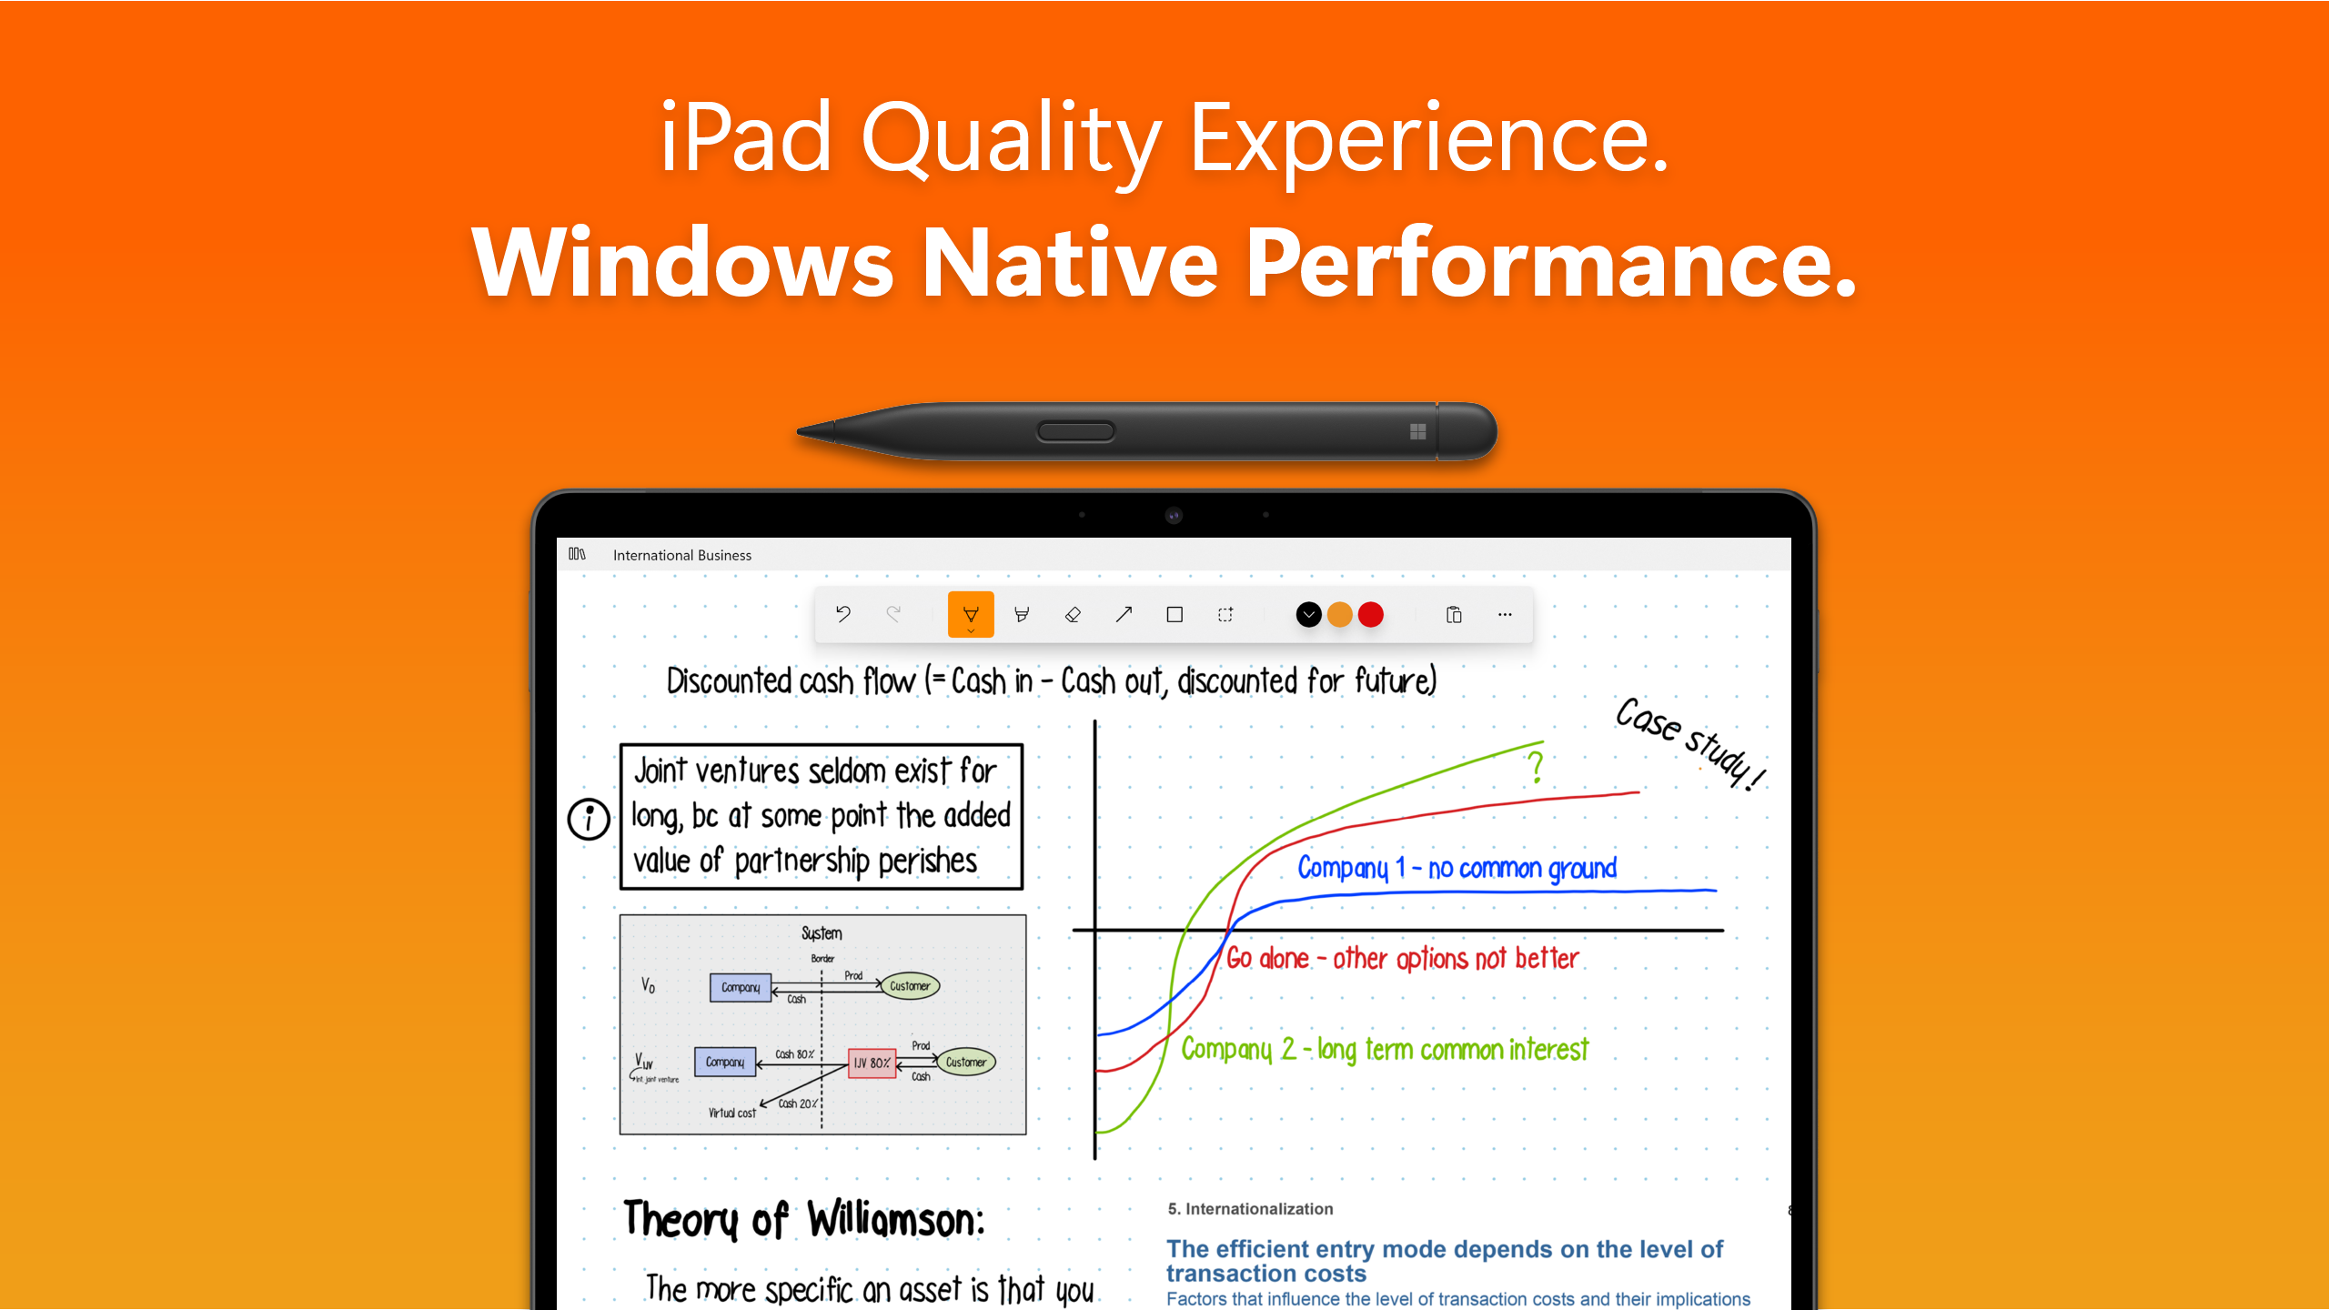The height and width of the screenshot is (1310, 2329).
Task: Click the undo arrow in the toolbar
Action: tap(843, 614)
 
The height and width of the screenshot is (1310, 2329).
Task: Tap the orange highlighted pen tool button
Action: tap(971, 615)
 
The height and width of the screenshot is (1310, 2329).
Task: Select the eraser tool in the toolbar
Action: tap(1073, 615)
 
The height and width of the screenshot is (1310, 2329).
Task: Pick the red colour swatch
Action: tap(1371, 615)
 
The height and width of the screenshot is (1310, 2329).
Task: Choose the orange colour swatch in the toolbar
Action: tap(1340, 615)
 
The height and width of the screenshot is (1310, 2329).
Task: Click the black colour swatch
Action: tap(1308, 615)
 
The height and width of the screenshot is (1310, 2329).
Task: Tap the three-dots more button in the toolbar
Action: tap(1505, 615)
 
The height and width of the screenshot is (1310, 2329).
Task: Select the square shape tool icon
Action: tap(1175, 615)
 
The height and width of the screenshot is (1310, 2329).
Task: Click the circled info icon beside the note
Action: tap(589, 819)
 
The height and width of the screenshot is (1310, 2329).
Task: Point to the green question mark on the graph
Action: tap(1536, 767)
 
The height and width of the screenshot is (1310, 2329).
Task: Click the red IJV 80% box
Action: tap(872, 1063)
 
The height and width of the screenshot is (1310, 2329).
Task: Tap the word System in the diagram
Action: tap(822, 933)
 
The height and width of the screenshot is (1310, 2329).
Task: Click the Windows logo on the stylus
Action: tap(1417, 432)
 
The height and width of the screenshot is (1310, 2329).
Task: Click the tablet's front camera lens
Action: tap(1174, 516)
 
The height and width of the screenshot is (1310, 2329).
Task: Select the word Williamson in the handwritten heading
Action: tap(896, 1219)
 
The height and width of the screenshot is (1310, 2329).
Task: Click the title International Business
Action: tap(682, 555)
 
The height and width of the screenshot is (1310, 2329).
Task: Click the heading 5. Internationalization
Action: tap(1250, 1209)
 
